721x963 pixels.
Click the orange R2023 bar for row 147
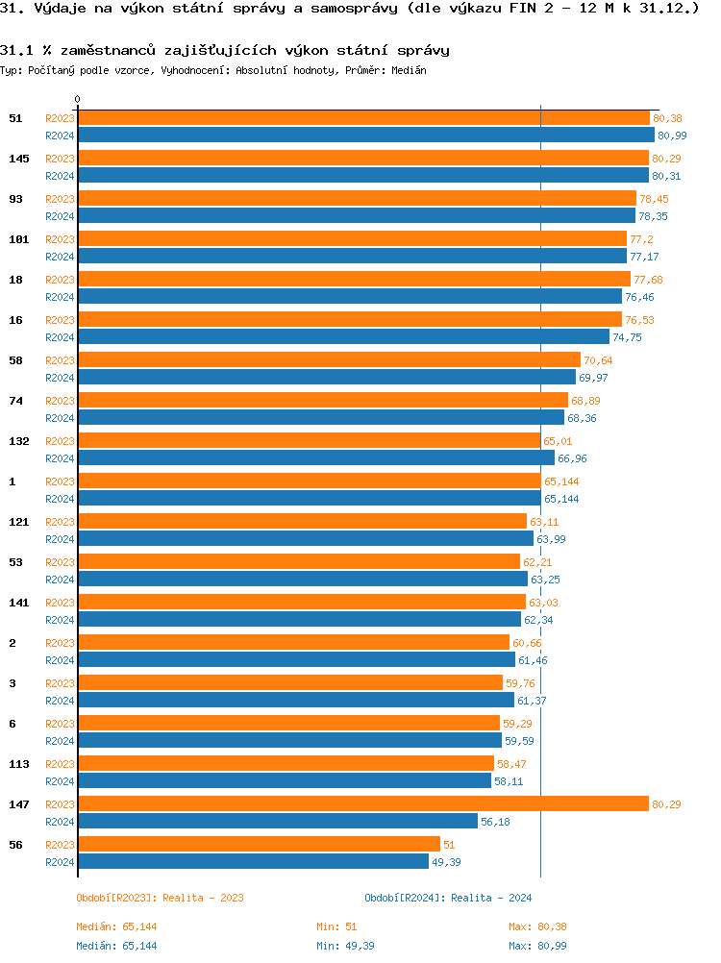363,803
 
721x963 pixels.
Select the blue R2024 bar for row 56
253,861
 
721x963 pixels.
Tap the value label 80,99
672,136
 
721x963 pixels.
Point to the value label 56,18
495,822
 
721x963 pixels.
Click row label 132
18,441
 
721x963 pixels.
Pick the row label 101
18,239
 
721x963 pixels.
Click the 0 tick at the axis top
78,99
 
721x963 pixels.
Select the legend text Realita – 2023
203,898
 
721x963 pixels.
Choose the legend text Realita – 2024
491,898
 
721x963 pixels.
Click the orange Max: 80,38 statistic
538,926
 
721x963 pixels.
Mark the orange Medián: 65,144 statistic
116,926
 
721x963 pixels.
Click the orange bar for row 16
350,319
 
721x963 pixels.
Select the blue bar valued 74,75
343,336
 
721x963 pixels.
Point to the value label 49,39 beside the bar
446,862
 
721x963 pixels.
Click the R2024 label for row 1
60,499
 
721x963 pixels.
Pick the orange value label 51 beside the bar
449,845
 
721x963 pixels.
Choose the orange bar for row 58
329,359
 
